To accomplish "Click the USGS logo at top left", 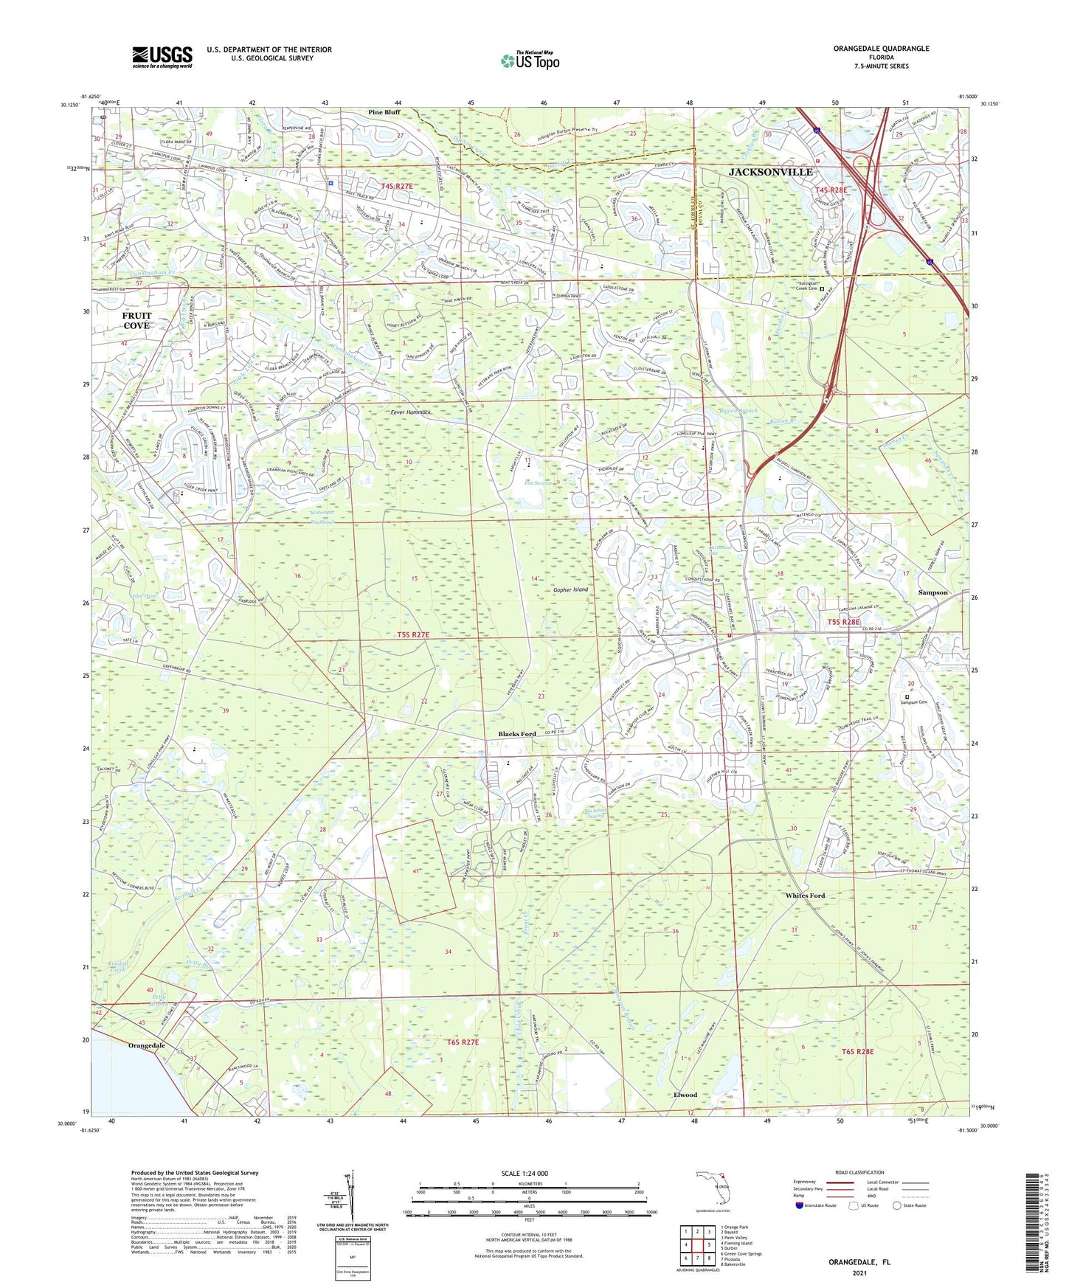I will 162,57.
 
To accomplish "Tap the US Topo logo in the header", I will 529,61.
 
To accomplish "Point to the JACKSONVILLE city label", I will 770,172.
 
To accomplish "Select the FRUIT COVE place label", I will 136,321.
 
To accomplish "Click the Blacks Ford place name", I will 517,734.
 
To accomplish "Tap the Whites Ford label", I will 805,896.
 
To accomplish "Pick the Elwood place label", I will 685,1095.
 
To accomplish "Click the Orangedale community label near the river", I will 147,1046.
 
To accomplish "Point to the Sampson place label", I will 932,592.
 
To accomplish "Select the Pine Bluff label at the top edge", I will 384,112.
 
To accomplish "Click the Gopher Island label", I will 571,589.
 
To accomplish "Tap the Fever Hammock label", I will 411,412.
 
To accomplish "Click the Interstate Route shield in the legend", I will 800,1205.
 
